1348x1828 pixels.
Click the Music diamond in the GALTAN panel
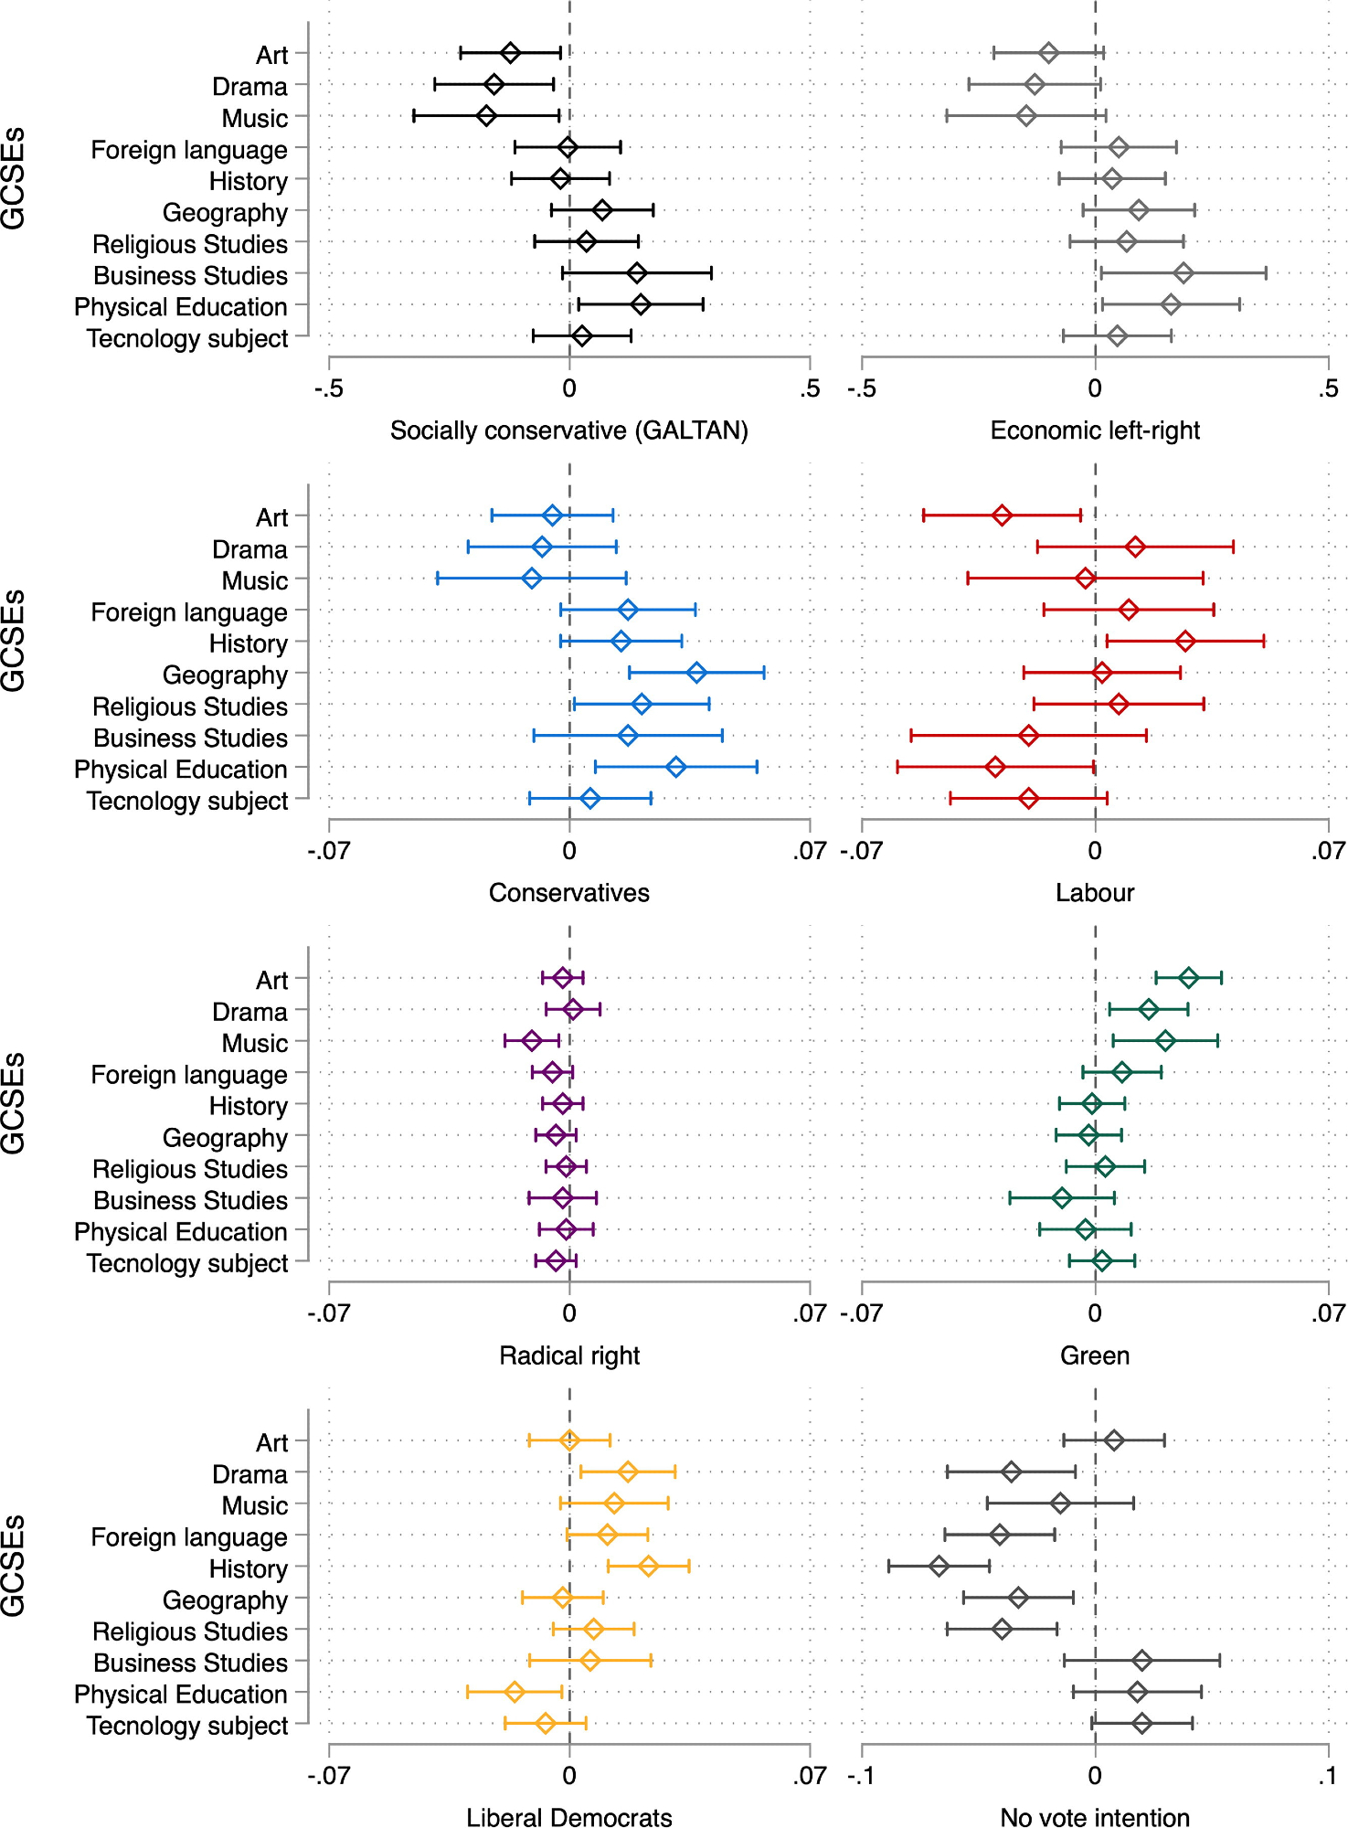pos(486,116)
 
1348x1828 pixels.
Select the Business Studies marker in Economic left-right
pos(1183,272)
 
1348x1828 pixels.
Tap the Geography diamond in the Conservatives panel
pos(696,673)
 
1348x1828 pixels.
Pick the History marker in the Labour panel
pos(1185,642)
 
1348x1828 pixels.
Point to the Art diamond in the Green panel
pos(1188,978)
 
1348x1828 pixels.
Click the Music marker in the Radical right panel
pos(532,1041)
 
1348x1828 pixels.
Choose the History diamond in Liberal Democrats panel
pos(648,1566)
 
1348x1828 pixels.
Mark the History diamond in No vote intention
pos(939,1566)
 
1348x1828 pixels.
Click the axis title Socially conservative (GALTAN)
pos(568,430)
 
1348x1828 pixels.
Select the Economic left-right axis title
pos(1095,430)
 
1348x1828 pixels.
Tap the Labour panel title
pos(1095,893)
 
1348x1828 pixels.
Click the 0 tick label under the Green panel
pos(1095,1313)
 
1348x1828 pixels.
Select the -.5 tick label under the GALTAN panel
pos(328,388)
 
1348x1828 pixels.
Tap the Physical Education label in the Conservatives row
pos(181,770)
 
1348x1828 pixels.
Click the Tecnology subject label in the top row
pos(187,338)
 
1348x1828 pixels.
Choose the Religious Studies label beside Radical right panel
pos(190,1169)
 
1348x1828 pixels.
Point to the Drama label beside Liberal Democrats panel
pos(249,1474)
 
